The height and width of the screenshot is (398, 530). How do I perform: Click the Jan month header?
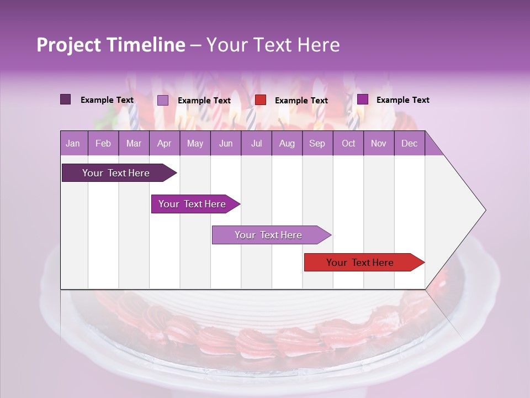click(73, 143)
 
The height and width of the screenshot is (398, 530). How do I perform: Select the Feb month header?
click(103, 143)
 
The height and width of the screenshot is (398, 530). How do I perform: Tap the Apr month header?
click(165, 143)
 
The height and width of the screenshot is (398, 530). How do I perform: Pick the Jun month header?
click(226, 143)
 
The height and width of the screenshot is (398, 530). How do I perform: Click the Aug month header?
click(287, 143)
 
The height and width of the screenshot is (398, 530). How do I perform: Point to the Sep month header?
click(317, 143)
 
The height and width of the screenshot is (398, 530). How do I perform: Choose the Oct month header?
click(348, 143)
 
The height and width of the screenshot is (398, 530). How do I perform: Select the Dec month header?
click(410, 143)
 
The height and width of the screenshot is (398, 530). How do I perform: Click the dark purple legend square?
click(66, 99)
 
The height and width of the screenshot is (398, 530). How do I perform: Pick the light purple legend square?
click(163, 100)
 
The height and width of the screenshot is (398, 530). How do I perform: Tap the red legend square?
click(261, 100)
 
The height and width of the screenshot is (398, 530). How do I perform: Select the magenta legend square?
click(363, 99)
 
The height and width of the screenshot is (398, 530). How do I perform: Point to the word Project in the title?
click(68, 45)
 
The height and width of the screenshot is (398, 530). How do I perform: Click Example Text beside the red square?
click(301, 101)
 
